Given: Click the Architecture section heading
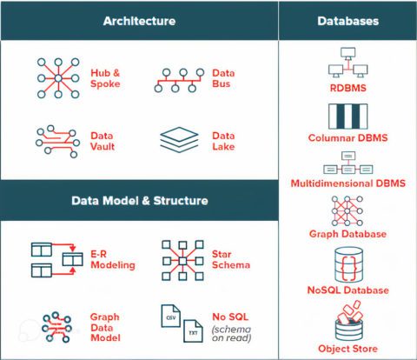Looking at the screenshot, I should [138, 20].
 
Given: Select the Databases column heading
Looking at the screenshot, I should [347, 20].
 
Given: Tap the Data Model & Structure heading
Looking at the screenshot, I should [139, 201].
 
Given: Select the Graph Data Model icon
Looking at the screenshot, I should [55, 324].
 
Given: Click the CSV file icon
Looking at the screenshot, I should [172, 319].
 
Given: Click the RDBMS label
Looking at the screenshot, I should [347, 88].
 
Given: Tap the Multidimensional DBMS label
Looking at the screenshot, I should [347, 183].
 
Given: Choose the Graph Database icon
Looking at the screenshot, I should [347, 211].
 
